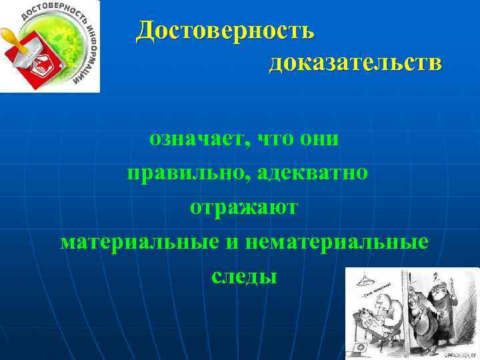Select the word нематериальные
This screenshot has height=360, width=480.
[x=336, y=241]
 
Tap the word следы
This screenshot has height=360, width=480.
[x=243, y=275]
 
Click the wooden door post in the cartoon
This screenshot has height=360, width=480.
[x=405, y=313]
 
